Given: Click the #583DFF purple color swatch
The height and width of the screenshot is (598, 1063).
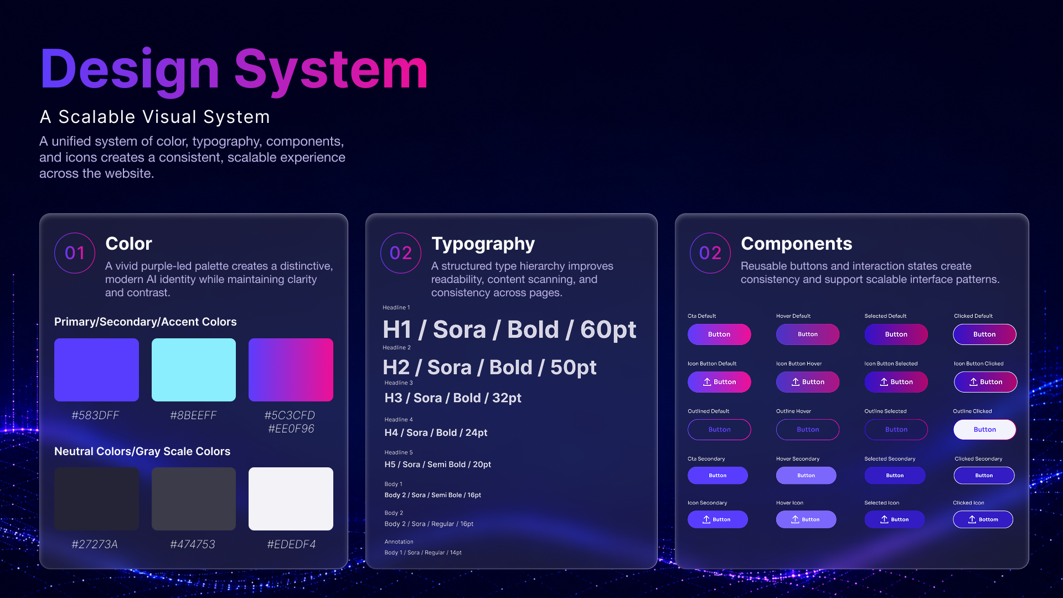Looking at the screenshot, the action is tap(96, 370).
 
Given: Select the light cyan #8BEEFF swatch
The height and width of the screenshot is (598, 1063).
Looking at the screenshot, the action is tap(194, 370).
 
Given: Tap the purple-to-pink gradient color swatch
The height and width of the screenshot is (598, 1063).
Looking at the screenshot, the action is tap(291, 370).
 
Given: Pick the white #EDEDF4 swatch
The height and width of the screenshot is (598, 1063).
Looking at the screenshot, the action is tap(291, 499).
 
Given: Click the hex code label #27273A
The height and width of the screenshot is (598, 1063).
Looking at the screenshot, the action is tap(95, 544).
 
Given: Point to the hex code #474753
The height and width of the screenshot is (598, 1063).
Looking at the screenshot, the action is tap(193, 544).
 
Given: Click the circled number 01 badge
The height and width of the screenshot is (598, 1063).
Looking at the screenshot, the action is tap(75, 253).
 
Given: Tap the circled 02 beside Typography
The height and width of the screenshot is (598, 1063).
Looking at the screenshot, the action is tap(401, 253).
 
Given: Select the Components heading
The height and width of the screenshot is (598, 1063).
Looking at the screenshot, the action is tap(796, 244).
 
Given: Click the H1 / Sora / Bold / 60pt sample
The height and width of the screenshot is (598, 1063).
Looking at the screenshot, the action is tap(509, 329).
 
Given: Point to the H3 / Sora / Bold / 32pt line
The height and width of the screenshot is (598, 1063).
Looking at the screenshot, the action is tap(453, 398).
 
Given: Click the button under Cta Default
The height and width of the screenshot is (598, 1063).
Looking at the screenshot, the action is tap(719, 334).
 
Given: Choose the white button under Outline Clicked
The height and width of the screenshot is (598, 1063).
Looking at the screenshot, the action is tap(984, 430).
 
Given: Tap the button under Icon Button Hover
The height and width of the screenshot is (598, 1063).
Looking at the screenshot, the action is tap(808, 382).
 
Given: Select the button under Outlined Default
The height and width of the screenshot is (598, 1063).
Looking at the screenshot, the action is tap(719, 430).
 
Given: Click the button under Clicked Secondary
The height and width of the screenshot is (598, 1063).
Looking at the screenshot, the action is tap(984, 476).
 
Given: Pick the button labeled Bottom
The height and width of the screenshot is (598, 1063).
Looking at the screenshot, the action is tap(983, 519).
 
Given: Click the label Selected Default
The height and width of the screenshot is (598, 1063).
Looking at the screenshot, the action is tap(885, 316).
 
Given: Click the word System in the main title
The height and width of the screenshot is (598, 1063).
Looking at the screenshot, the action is tap(331, 69).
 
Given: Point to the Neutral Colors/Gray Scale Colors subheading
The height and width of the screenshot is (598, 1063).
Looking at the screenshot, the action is tap(142, 451).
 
